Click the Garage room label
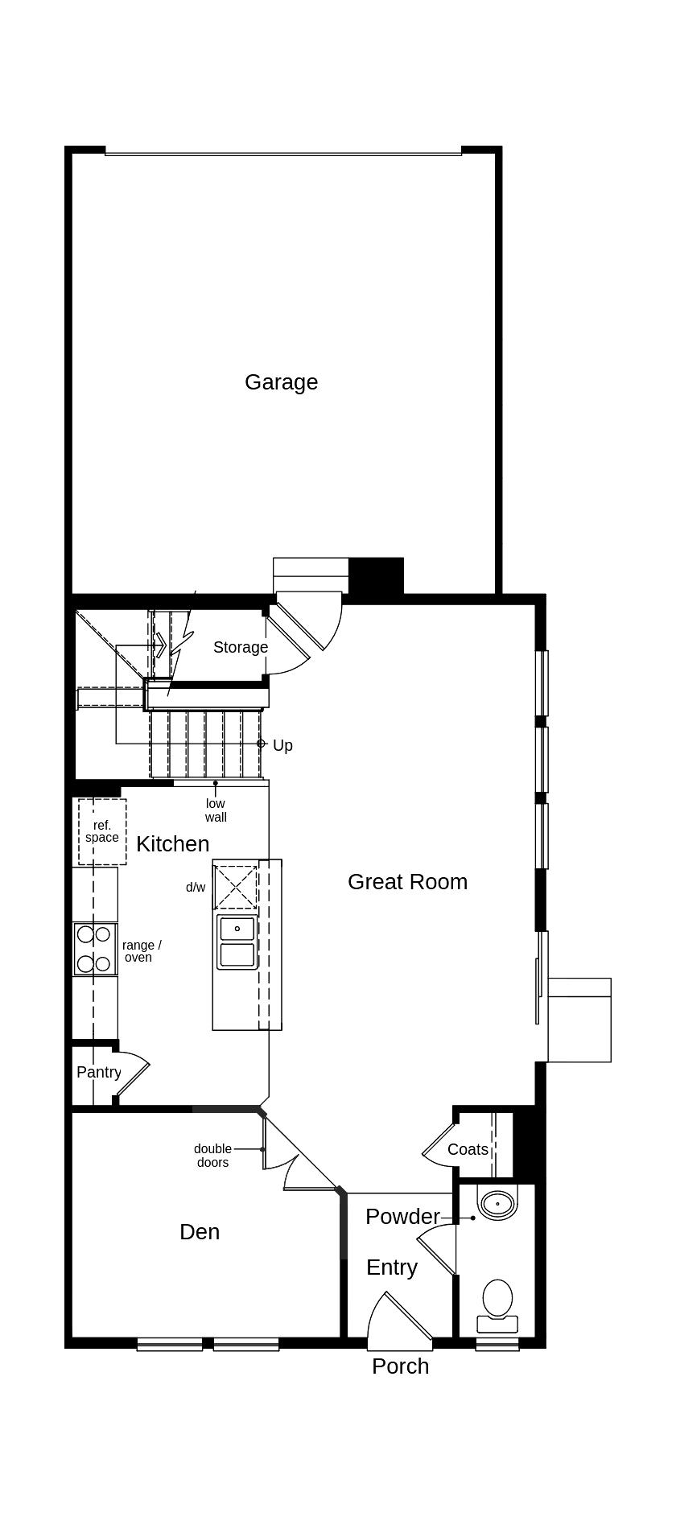pyautogui.click(x=281, y=382)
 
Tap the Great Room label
pyautogui.click(x=407, y=882)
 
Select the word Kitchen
pyautogui.click(x=172, y=844)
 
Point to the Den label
pyautogui.click(x=200, y=1232)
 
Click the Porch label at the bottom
pyautogui.click(x=400, y=1366)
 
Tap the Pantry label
pyautogui.click(x=98, y=1073)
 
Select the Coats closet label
pyautogui.click(x=468, y=1149)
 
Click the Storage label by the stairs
pyautogui.click(x=240, y=647)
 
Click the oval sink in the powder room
pyautogui.click(x=497, y=1205)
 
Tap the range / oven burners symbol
pyautogui.click(x=94, y=950)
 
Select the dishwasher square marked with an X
pyautogui.click(x=235, y=888)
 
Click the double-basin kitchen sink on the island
pyautogui.click(x=237, y=942)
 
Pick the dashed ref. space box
pyautogui.click(x=102, y=831)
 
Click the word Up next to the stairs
pyautogui.click(x=282, y=746)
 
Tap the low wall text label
pyautogui.click(x=216, y=810)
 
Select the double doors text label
pyautogui.click(x=212, y=1156)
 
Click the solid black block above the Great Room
pyautogui.click(x=376, y=576)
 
